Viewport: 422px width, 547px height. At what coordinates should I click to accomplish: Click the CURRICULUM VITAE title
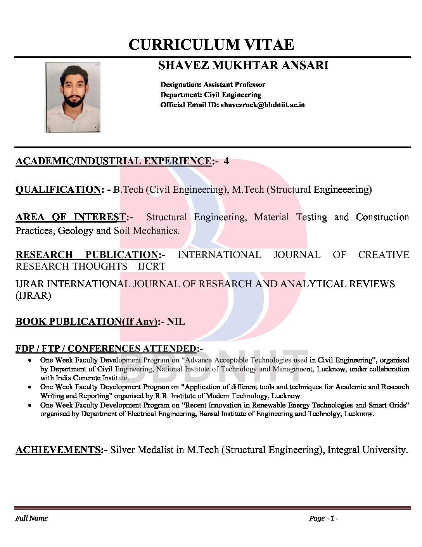211,45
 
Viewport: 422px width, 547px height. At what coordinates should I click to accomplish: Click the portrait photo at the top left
73,98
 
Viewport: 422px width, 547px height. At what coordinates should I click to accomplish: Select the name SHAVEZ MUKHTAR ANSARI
243,65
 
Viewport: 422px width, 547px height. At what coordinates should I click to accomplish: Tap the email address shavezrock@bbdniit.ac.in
263,105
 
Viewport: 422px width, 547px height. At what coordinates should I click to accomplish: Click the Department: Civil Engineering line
211,95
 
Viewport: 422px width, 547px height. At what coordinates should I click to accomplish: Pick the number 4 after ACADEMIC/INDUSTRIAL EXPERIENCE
226,161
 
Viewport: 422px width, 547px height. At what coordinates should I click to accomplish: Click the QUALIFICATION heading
58,190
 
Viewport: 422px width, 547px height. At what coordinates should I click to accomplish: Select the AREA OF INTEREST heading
71,217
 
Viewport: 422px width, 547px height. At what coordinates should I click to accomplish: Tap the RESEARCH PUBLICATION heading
86,255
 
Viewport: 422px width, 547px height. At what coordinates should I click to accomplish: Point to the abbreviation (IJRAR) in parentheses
33,296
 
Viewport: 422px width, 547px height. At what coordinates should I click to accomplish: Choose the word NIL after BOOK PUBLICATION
176,322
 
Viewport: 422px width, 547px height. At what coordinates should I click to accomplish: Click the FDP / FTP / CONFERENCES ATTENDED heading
106,348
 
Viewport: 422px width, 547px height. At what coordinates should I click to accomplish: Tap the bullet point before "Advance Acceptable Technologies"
29,361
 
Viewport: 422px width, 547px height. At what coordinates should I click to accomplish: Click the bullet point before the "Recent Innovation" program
29,405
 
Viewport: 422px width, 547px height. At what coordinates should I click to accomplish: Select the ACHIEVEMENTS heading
58,450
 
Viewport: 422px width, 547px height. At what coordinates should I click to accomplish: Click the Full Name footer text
31,518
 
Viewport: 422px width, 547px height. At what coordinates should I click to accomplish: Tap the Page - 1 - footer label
323,518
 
